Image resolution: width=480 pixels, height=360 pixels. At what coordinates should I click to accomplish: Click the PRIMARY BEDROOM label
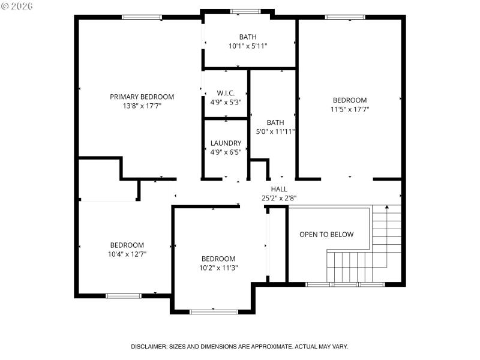coord(142,97)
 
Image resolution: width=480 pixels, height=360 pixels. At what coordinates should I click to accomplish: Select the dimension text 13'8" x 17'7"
coord(142,106)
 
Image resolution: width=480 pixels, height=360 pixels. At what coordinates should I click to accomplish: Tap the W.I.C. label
coord(226,93)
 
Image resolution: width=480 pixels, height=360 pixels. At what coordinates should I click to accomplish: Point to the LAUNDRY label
coord(226,143)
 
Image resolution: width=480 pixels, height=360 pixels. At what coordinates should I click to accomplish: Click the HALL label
coord(279,189)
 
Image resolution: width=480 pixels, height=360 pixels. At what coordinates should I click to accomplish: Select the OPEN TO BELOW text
coord(326,235)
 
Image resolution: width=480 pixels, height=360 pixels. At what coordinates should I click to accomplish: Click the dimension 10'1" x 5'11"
coord(248,46)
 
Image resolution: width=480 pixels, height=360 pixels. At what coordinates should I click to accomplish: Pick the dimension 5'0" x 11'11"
coord(275,131)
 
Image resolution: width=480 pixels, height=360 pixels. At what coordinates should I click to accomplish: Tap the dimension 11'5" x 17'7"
coord(350,109)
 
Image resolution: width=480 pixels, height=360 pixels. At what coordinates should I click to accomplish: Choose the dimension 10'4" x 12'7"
coord(127,254)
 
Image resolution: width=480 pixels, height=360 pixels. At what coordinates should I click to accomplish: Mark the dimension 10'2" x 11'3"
coord(218,268)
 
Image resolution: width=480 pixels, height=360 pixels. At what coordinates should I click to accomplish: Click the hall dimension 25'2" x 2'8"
coord(279,198)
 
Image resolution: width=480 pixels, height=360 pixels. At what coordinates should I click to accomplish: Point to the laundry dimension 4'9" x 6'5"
coord(226,152)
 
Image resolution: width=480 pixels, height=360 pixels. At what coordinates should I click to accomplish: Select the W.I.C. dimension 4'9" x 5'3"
coord(226,102)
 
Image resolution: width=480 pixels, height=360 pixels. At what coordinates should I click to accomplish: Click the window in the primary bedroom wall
coord(142,17)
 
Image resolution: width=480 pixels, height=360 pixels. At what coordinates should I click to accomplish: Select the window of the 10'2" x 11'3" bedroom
coord(214,311)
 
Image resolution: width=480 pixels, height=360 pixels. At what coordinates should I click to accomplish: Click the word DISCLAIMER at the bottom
coord(149,347)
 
